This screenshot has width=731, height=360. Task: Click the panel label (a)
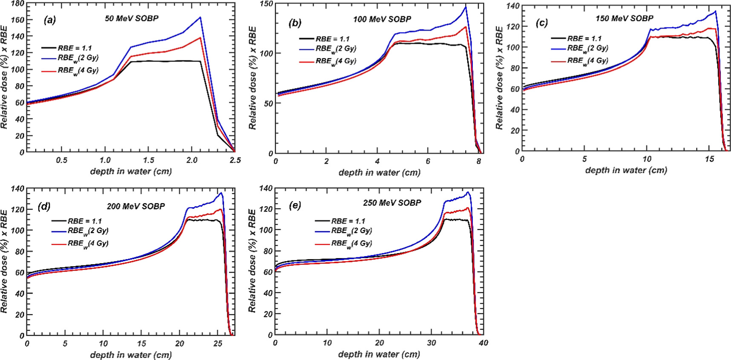(x=50, y=20)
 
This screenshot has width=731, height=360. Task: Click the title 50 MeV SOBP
(x=132, y=18)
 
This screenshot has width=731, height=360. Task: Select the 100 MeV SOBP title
(x=382, y=19)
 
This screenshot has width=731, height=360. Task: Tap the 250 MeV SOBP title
(x=392, y=203)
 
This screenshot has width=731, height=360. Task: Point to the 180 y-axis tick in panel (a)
(x=17, y=3)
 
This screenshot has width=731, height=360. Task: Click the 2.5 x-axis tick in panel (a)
(x=235, y=160)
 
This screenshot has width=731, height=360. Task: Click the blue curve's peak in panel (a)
(x=200, y=17)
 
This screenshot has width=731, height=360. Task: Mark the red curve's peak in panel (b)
(x=466, y=27)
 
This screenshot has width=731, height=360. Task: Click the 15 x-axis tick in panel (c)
(x=709, y=159)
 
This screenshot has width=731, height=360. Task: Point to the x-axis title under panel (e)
(x=379, y=354)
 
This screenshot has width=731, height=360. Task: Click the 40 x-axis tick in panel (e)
(x=483, y=343)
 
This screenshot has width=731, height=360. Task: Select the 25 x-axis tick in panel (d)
(x=218, y=343)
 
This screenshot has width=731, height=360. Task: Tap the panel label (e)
(x=295, y=206)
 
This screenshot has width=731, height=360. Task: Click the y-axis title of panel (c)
(x=499, y=78)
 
